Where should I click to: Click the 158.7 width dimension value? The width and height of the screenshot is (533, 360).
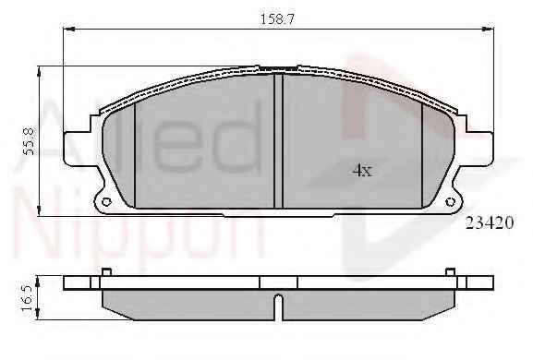[276, 18]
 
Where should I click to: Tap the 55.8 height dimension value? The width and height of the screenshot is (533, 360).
[29, 141]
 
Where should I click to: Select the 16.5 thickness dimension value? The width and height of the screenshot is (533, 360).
[27, 298]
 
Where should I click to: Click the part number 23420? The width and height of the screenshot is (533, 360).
[490, 222]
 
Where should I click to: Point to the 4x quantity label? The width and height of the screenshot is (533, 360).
[362, 170]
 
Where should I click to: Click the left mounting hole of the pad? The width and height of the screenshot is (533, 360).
[106, 202]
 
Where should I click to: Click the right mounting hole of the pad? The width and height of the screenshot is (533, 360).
[451, 202]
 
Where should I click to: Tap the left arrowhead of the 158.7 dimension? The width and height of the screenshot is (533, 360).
[68, 30]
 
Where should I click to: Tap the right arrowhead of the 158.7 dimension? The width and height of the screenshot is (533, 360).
[488, 30]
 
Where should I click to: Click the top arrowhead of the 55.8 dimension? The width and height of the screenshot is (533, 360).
[39, 71]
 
